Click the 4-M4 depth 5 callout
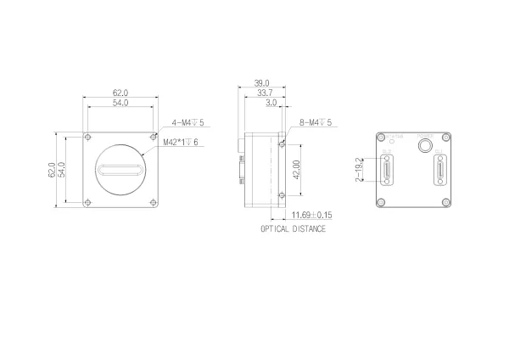pos(189,123)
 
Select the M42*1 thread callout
pos(181,142)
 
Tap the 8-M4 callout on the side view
pos(315,123)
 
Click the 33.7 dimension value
pos(264,93)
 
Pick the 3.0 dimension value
pos(271,103)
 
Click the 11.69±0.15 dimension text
pos(311,216)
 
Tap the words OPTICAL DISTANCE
pos(293,229)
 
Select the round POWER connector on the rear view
pos(423,145)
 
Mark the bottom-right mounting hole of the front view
pos(153,202)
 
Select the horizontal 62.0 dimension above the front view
pos(120,92)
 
